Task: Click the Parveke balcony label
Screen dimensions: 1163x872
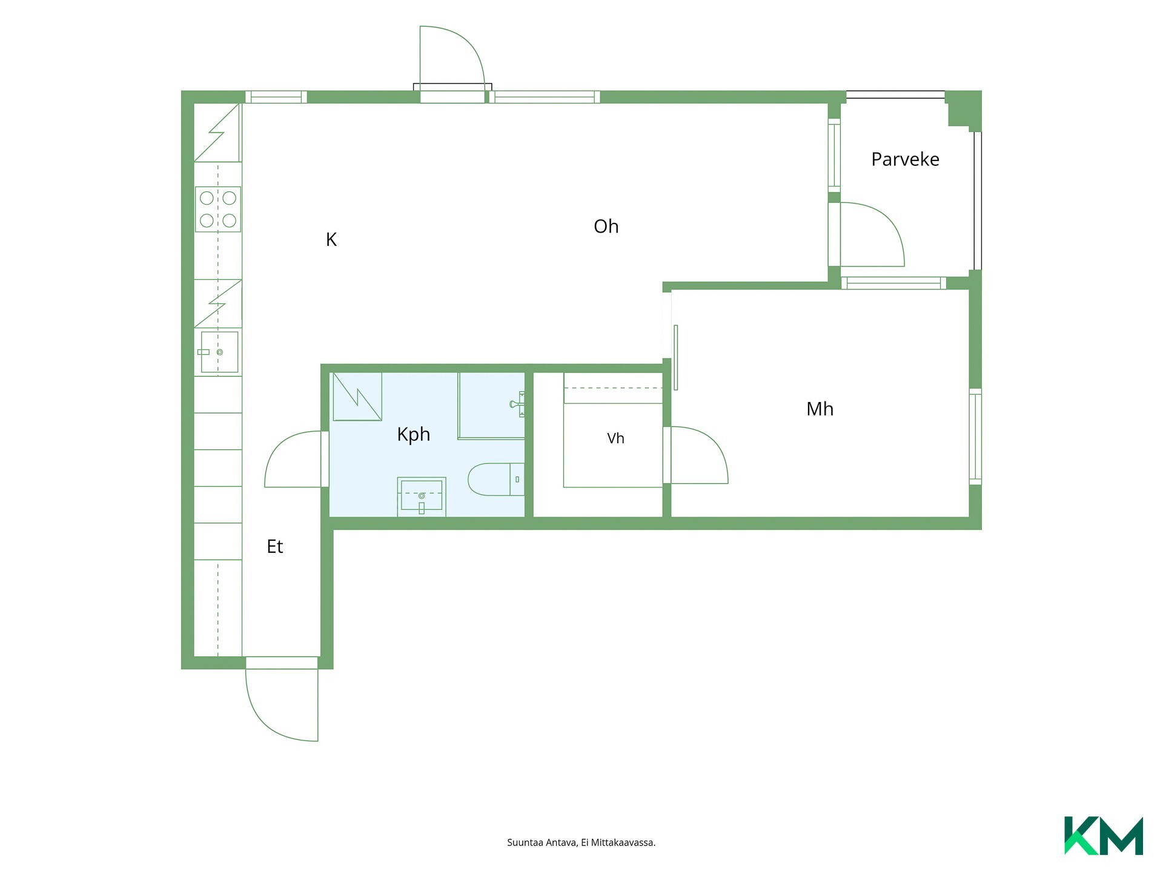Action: pyautogui.click(x=905, y=159)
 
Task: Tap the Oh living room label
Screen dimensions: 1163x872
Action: pyautogui.click(x=606, y=226)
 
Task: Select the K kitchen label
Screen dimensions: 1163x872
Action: pyautogui.click(x=331, y=240)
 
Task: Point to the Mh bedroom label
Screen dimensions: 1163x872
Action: pyautogui.click(x=820, y=409)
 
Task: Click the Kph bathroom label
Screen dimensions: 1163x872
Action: pyautogui.click(x=414, y=435)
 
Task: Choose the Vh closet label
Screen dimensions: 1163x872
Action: pyautogui.click(x=615, y=438)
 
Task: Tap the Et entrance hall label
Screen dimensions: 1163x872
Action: pyautogui.click(x=275, y=547)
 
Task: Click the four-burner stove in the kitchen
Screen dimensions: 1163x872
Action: pyautogui.click(x=218, y=210)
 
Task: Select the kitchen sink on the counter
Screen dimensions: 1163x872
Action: pyautogui.click(x=219, y=352)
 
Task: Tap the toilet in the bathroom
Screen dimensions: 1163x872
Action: pyautogui.click(x=496, y=480)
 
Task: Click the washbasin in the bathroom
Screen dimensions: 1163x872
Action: pyautogui.click(x=422, y=497)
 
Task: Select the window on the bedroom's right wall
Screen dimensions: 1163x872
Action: pyautogui.click(x=975, y=437)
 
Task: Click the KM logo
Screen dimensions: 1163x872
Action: pyautogui.click(x=1104, y=836)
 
